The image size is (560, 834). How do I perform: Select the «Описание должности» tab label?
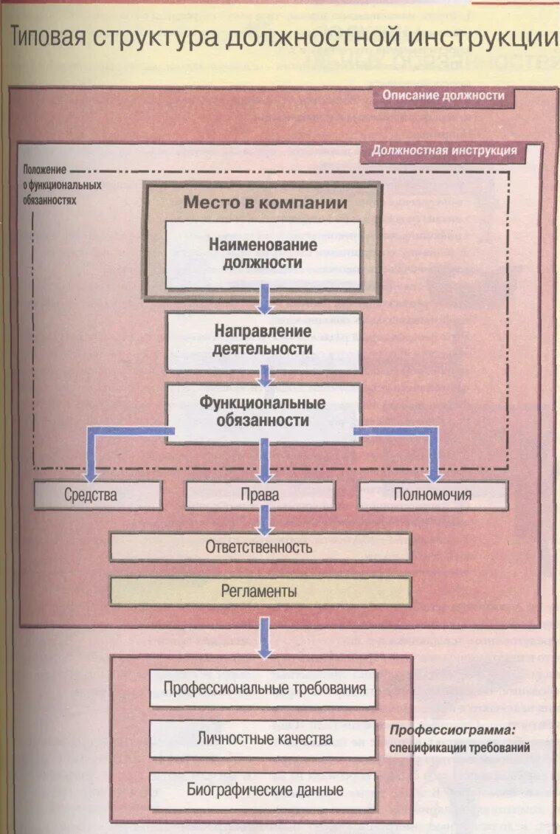point(443,96)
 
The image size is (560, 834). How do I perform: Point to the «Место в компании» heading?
point(265,201)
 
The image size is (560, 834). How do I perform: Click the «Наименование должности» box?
point(263,253)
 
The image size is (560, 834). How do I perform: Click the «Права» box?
point(261,494)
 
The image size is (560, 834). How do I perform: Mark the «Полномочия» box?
point(432,494)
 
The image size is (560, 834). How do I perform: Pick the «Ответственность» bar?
point(261,548)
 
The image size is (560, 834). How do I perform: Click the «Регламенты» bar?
point(260,591)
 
